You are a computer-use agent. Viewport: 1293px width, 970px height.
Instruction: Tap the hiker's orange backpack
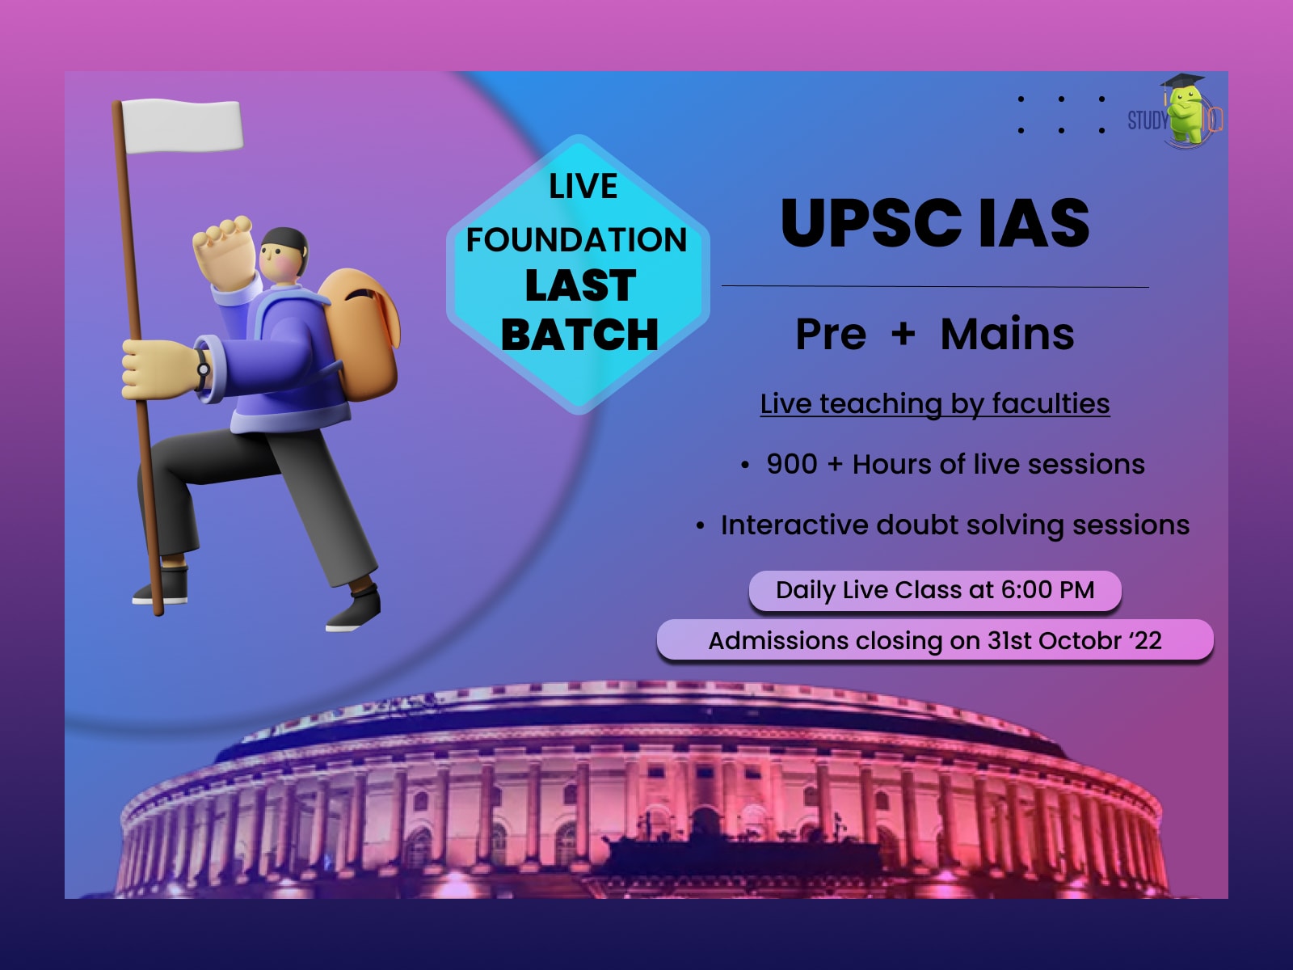360,334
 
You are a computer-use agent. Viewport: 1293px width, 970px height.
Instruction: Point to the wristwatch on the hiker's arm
203,369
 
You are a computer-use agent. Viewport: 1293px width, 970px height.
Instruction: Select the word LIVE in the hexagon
583,186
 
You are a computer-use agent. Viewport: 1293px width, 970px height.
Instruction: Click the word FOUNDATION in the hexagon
577,240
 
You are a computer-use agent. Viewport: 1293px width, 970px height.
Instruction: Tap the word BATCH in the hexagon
579,335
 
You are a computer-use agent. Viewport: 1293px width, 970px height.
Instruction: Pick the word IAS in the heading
1034,223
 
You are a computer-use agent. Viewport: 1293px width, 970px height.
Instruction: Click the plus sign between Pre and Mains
903,334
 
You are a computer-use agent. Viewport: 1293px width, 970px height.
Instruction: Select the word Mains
1007,334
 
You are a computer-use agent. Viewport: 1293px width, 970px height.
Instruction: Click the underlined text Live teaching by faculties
935,405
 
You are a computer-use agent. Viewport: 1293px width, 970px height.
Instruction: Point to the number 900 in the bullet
792,464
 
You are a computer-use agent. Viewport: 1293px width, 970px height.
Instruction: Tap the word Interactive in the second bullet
794,525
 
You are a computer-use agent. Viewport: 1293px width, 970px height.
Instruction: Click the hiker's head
284,255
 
